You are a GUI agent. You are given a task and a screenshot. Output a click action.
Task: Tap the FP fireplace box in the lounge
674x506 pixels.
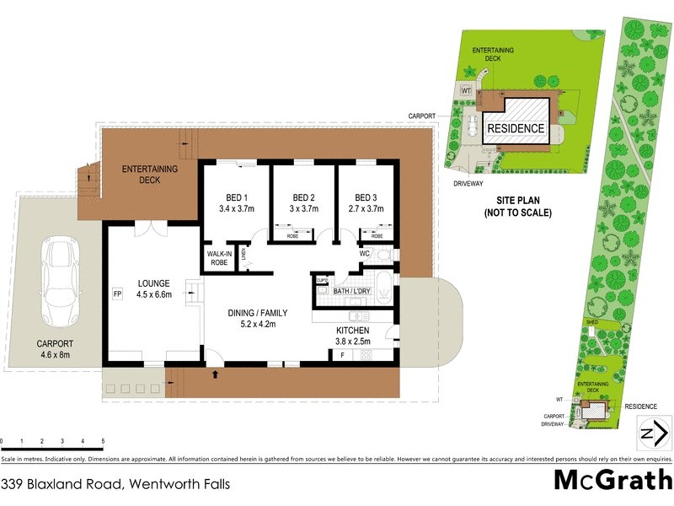pos(117,294)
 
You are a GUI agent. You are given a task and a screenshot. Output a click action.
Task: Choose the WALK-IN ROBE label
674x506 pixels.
pos(218,257)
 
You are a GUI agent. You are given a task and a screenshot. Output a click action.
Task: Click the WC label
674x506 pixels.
pos(365,252)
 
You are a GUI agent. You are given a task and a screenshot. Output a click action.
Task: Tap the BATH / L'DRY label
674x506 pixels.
pos(352,291)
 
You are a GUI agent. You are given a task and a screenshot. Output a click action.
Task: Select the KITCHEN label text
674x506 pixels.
pos(352,330)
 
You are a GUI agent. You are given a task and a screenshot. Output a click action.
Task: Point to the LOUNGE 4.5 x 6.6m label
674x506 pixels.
pos(153,288)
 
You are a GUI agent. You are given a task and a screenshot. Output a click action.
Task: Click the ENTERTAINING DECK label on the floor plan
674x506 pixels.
pos(150,175)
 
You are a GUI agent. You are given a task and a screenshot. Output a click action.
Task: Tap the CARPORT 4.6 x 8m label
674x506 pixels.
pos(55,348)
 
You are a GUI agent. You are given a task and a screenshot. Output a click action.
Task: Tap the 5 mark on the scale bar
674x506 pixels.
pos(103,441)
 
